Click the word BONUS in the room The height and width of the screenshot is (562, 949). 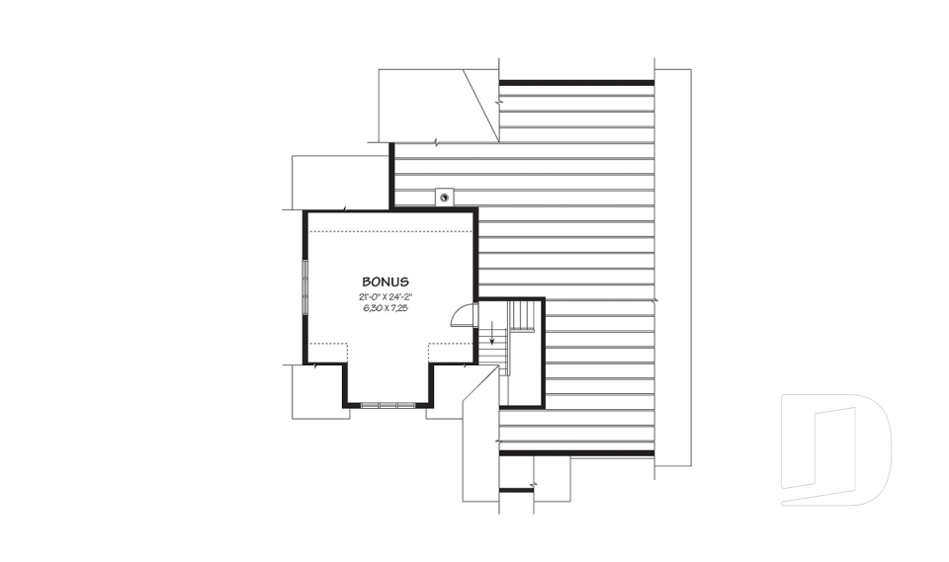pyautogui.click(x=386, y=281)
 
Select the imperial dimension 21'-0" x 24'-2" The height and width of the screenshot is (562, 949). pyautogui.click(x=386, y=296)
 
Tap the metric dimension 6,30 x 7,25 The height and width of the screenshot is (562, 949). pyautogui.click(x=386, y=308)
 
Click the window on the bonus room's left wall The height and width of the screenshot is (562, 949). pyautogui.click(x=305, y=286)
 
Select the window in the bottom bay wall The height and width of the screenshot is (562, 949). pyautogui.click(x=387, y=404)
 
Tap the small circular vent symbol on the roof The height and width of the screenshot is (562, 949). pyautogui.click(x=445, y=197)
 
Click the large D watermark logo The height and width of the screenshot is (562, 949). pyautogui.click(x=835, y=449)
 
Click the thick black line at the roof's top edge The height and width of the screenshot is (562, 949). pyautogui.click(x=576, y=83)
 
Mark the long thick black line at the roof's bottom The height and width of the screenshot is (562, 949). pyautogui.click(x=576, y=452)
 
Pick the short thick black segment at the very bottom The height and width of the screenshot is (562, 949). pyautogui.click(x=516, y=490)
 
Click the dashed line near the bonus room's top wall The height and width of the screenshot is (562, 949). pyautogui.click(x=390, y=230)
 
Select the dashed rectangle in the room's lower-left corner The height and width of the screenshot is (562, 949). pyautogui.click(x=327, y=353)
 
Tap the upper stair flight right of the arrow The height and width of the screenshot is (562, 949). pyautogui.click(x=522, y=316)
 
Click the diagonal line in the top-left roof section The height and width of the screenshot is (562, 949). pyautogui.click(x=481, y=105)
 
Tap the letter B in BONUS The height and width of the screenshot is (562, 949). pyautogui.click(x=366, y=281)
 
